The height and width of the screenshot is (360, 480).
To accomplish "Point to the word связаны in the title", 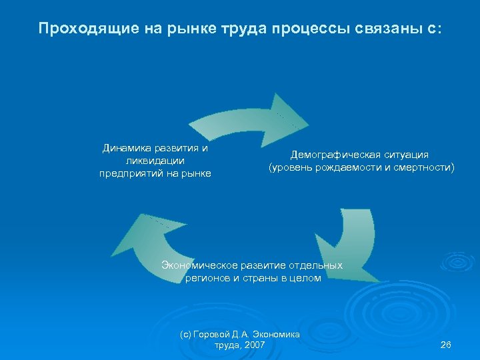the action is pyautogui.click(x=387, y=29).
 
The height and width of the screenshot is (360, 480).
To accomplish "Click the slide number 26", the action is pyautogui.click(x=446, y=345).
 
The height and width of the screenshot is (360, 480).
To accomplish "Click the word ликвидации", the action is pyautogui.click(x=155, y=160).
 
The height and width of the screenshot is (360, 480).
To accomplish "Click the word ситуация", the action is pyautogui.click(x=405, y=155).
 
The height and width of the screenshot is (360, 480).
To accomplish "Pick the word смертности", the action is pyautogui.click(x=424, y=168).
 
